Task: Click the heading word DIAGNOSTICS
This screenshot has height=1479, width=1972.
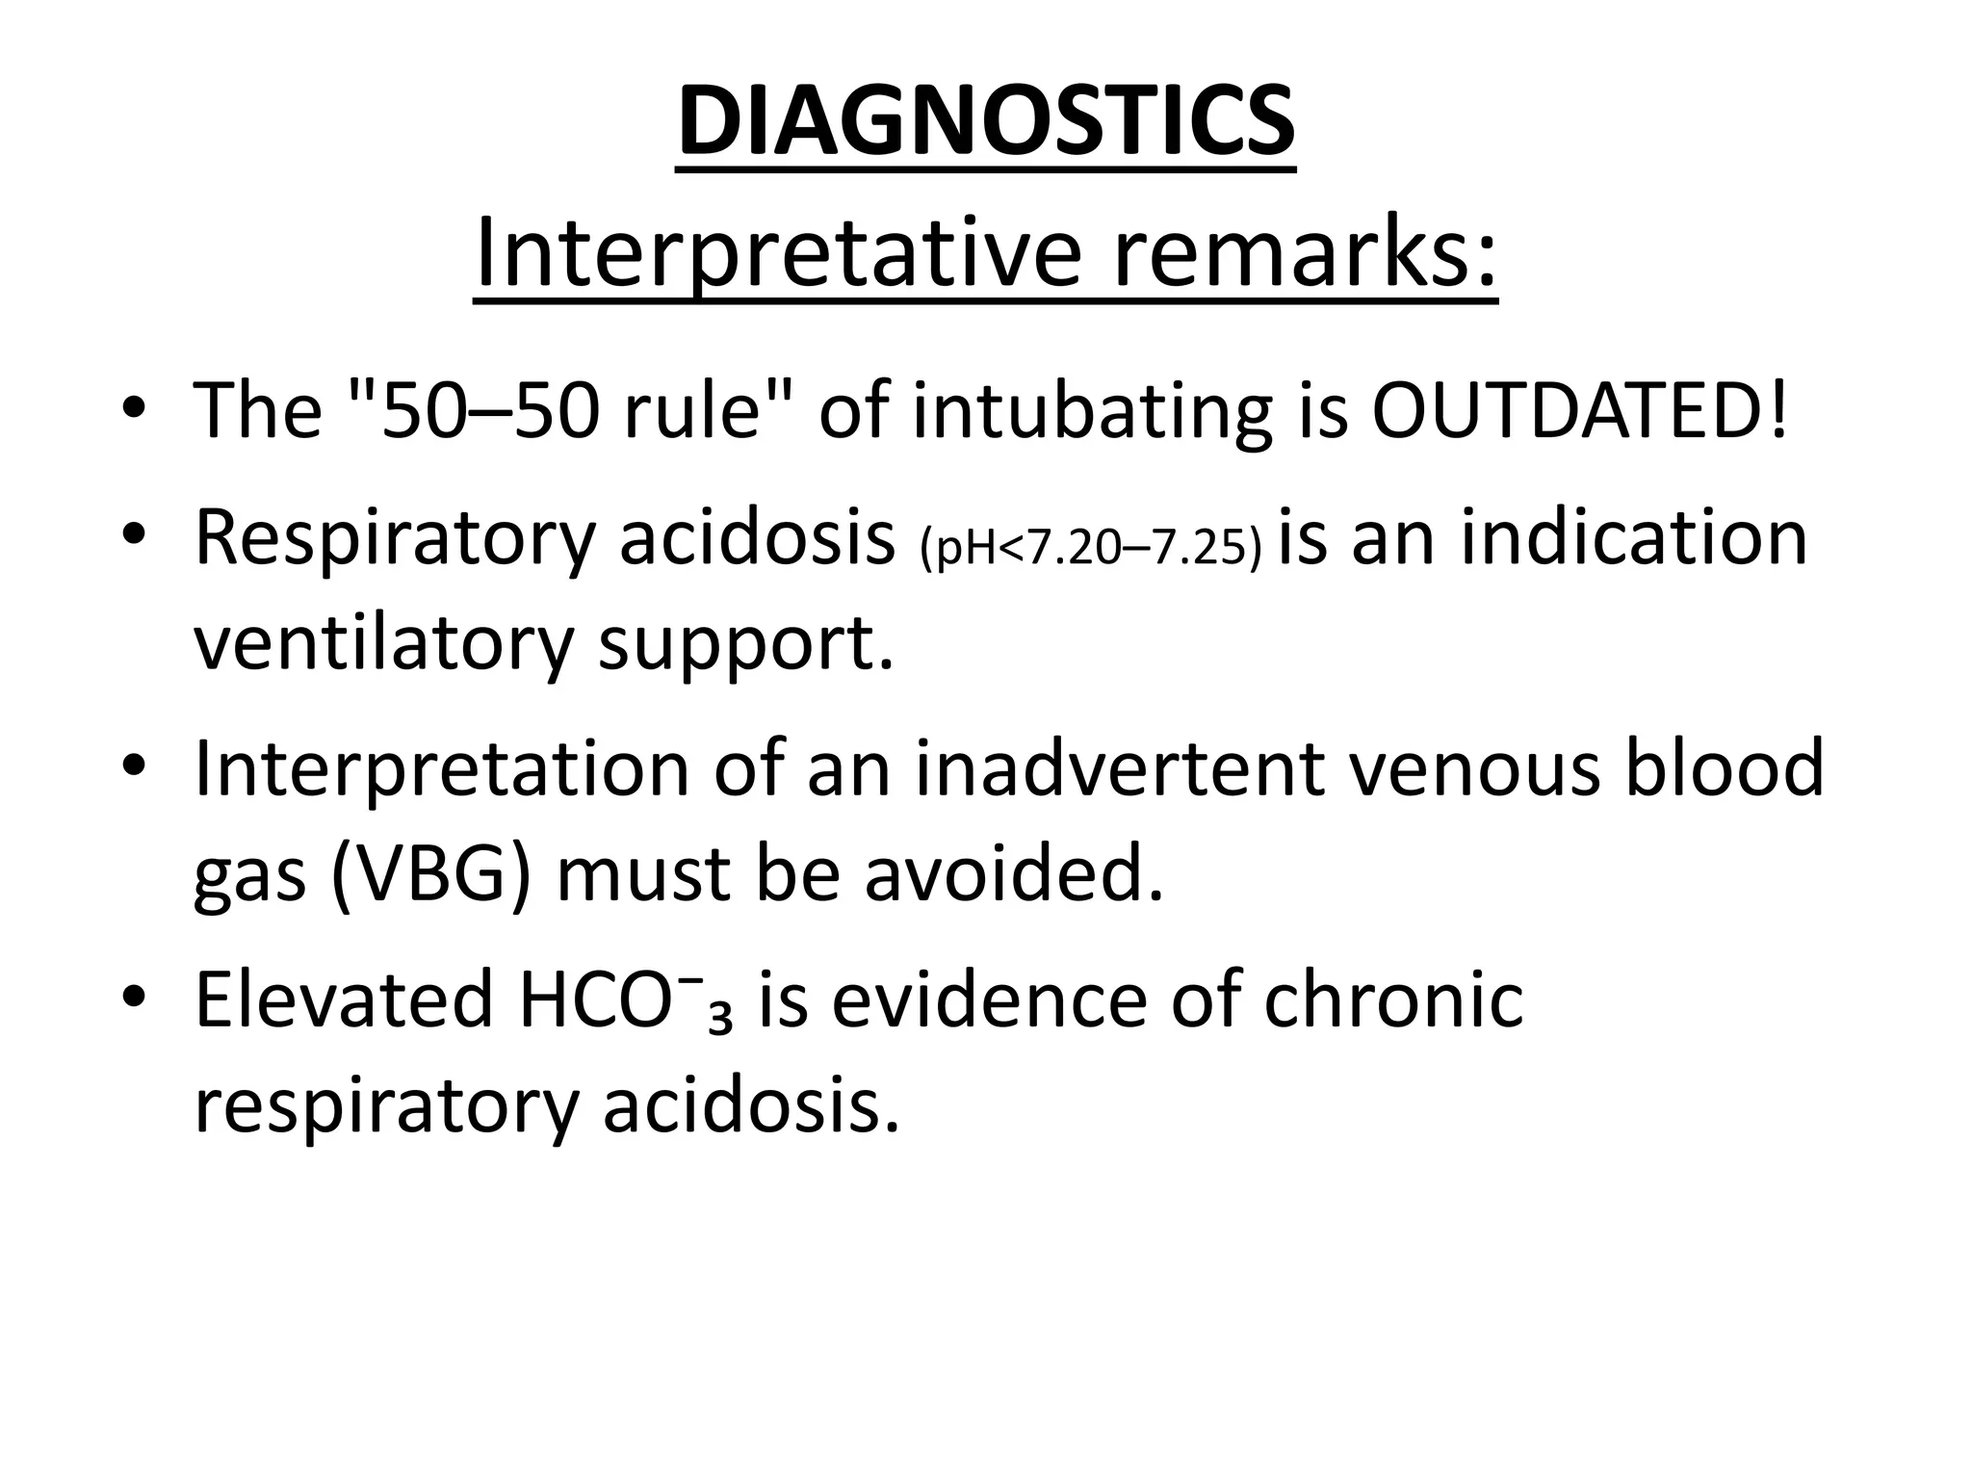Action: coord(985,123)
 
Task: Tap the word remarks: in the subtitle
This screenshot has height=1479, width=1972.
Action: coord(1305,252)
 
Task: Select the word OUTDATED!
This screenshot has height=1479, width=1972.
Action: coord(1579,410)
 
